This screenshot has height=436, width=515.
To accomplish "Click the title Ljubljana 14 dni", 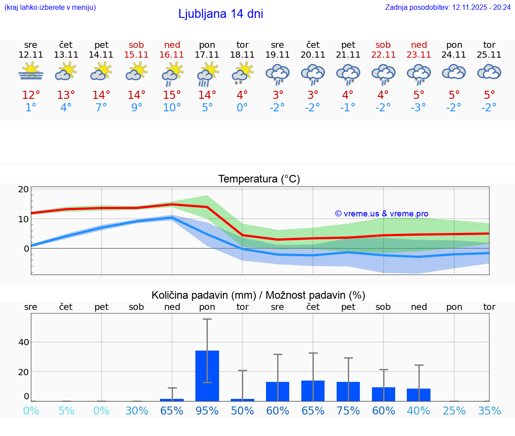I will point(220,14).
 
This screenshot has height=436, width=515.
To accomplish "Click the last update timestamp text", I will point(448,7).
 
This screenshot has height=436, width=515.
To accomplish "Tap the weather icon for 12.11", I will point(31,72).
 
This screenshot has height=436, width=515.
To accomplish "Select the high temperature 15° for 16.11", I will point(172,95).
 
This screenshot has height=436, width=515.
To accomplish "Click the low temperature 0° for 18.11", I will point(242,108).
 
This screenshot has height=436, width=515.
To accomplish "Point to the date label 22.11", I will point(383,55).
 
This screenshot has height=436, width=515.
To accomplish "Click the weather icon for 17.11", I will point(207,73).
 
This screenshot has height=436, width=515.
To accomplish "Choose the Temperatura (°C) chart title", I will point(259,179).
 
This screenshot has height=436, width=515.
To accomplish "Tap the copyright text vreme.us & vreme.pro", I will point(382,214).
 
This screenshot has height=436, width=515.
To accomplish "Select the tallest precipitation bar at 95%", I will point(207,376).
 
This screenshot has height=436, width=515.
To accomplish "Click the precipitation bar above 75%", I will point(348,391).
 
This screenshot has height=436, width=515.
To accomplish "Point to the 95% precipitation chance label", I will point(207,411).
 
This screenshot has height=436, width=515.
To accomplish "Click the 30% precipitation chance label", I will point(137,411).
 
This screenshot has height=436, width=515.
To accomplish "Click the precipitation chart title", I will point(258,295).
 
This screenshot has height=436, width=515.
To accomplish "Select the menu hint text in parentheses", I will point(50,7).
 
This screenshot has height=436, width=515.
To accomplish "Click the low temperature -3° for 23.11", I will point(418,108).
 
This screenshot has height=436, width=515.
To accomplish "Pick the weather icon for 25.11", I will point(489,72).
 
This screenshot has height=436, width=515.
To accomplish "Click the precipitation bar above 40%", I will point(419,395).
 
